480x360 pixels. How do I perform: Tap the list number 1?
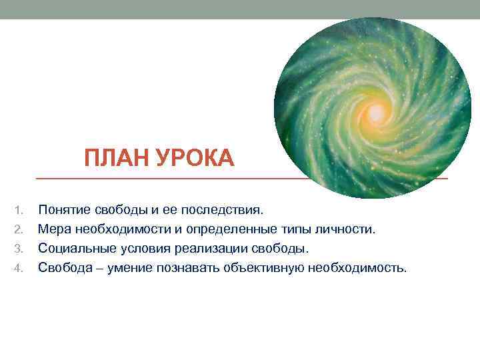(19, 211)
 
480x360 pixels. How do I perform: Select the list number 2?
(19, 230)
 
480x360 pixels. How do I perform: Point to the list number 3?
(19, 249)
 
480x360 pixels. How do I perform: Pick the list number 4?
(19, 269)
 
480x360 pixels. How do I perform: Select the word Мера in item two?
(53, 230)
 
